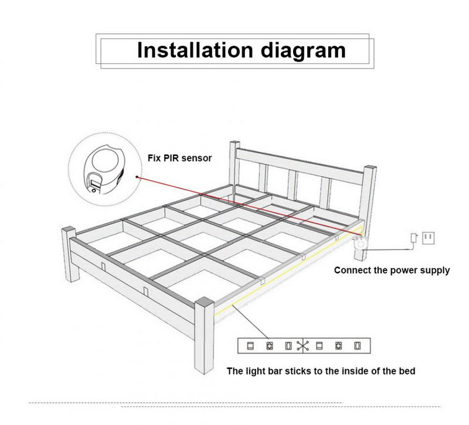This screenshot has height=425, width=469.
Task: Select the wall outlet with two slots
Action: pyautogui.click(x=427, y=237)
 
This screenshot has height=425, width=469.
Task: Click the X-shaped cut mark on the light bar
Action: pyautogui.click(x=303, y=345)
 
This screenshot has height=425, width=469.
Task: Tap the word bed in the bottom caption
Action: pyautogui.click(x=409, y=371)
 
